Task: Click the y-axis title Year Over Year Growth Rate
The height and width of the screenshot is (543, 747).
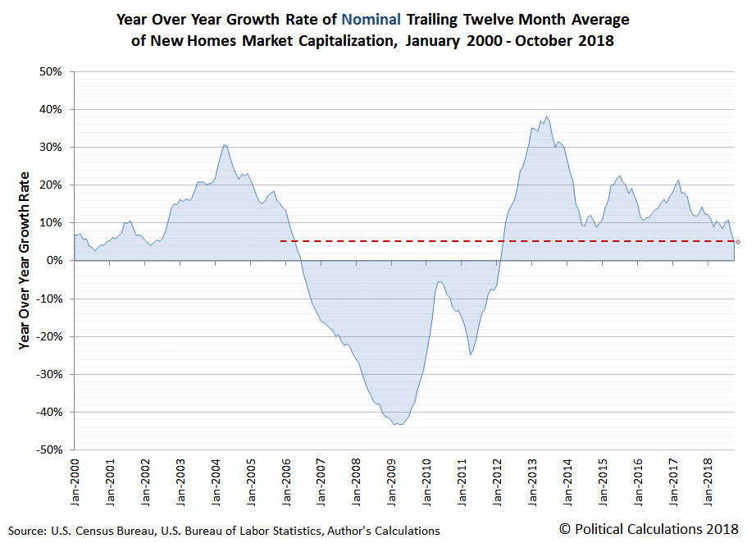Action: click(x=25, y=261)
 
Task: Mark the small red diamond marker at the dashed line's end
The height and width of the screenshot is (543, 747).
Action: click(x=738, y=242)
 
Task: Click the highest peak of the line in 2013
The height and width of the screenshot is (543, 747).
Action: click(x=547, y=116)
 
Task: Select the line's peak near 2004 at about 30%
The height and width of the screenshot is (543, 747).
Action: click(x=224, y=145)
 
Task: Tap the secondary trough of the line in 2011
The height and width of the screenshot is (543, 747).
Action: click(x=470, y=354)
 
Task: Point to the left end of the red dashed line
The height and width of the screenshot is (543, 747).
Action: click(x=280, y=241)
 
